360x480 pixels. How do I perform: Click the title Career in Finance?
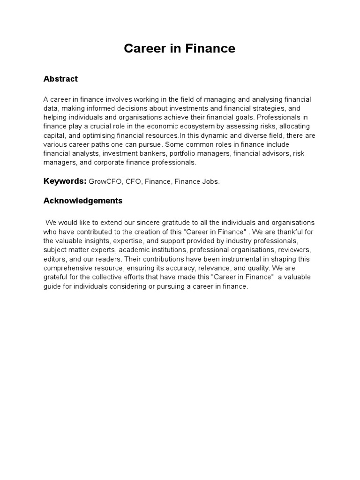(180, 48)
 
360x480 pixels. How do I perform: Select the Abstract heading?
(60, 79)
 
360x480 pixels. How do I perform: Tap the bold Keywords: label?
(65, 181)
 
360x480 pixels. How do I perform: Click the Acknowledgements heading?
(83, 201)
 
